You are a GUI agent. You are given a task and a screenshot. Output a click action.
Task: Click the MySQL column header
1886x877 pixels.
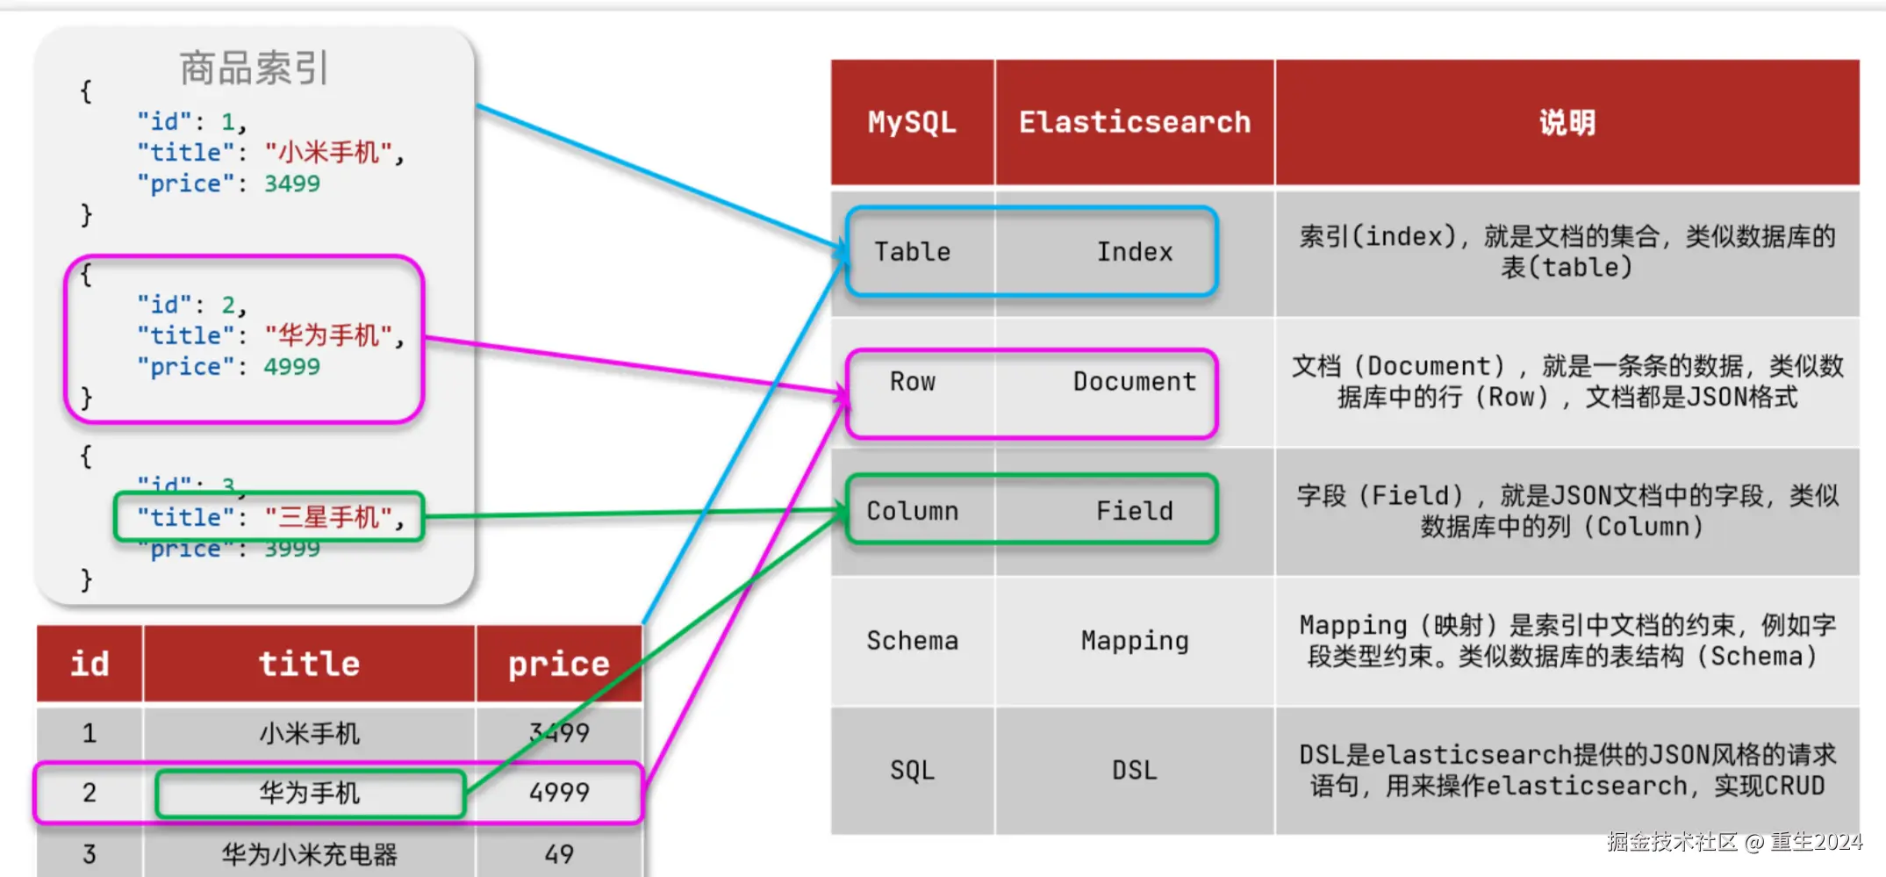[912, 122]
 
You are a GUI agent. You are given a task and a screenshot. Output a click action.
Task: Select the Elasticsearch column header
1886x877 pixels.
[1134, 122]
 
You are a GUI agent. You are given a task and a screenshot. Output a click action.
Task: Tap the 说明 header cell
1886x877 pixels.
[1567, 122]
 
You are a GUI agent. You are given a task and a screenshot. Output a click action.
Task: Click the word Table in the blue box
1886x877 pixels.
[912, 252]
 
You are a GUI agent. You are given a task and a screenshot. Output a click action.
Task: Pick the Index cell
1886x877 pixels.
[1134, 252]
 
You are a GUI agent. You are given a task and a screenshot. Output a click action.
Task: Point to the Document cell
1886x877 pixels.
[1134, 382]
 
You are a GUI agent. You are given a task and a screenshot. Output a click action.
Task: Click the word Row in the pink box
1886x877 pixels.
[912, 382]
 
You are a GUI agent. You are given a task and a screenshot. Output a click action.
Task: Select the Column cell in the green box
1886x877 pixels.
[912, 511]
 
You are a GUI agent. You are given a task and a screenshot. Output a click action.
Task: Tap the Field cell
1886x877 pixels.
[1134, 511]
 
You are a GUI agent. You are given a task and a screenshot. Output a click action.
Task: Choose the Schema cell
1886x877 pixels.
[912, 641]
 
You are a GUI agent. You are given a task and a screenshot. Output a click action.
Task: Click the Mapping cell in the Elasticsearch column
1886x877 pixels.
[1134, 641]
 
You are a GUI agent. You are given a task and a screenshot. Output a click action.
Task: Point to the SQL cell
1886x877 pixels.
[912, 771]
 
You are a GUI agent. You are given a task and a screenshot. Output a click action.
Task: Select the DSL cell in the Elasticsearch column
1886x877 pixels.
[1134, 771]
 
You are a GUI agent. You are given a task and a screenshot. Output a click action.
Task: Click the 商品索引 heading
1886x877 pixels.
[254, 68]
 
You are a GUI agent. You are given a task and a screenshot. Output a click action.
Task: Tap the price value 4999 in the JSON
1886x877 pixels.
[292, 367]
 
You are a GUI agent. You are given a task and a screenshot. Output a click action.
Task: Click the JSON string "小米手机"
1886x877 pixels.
[329, 153]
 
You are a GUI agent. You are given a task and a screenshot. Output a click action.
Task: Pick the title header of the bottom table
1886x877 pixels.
[309, 664]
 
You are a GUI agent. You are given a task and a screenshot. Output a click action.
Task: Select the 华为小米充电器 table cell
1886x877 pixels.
[309, 854]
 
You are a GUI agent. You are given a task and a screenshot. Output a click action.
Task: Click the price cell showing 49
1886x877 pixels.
[559, 854]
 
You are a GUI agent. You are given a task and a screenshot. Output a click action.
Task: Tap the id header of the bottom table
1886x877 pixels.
[90, 664]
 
